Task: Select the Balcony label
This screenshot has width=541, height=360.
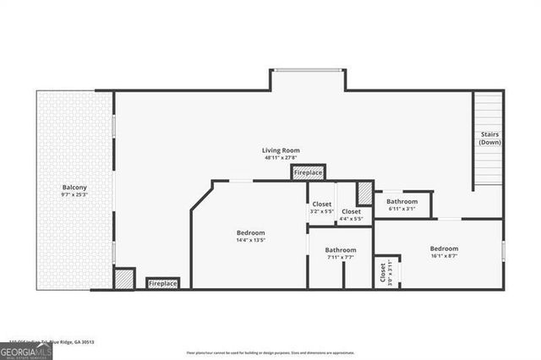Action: [x=74, y=187]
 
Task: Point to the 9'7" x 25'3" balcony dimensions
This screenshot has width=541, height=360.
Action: [x=74, y=194]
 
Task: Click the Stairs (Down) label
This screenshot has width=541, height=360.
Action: [x=490, y=138]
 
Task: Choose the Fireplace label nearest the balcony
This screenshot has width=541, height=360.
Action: [x=163, y=284]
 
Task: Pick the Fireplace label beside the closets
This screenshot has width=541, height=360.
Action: [x=308, y=172]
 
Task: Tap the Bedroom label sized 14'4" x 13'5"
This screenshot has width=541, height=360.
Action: [x=251, y=232]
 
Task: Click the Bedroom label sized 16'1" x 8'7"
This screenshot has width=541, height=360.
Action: [x=444, y=248]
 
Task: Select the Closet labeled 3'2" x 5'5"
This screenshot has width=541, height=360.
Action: [x=321, y=204]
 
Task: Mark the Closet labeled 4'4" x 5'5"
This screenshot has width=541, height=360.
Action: [x=352, y=211]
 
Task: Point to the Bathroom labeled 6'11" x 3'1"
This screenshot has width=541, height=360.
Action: [x=402, y=202]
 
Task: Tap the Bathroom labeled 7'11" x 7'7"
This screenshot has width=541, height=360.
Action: [x=341, y=250]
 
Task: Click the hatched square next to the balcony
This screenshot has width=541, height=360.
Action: [x=123, y=279]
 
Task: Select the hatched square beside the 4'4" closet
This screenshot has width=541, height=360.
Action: [x=364, y=194]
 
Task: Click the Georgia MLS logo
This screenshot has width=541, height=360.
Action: [x=26, y=351]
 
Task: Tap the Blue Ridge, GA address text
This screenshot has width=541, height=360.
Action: [x=51, y=342]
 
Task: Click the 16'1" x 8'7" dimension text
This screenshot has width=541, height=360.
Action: [x=444, y=256]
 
